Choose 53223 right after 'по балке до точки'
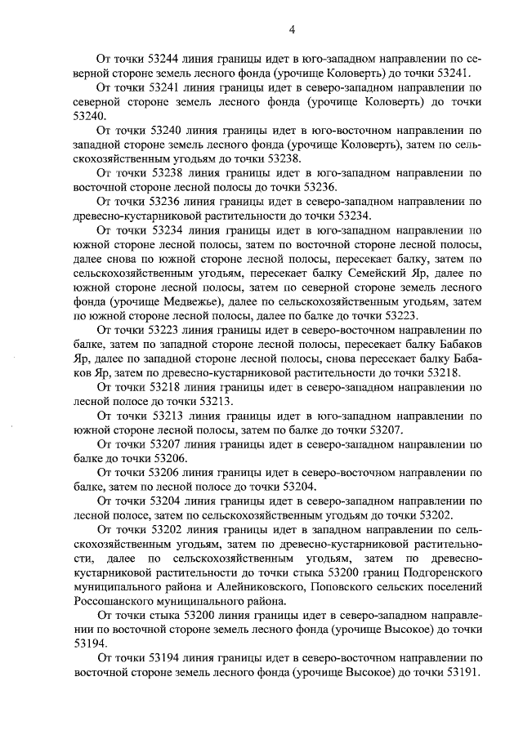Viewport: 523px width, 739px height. pos(396,315)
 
